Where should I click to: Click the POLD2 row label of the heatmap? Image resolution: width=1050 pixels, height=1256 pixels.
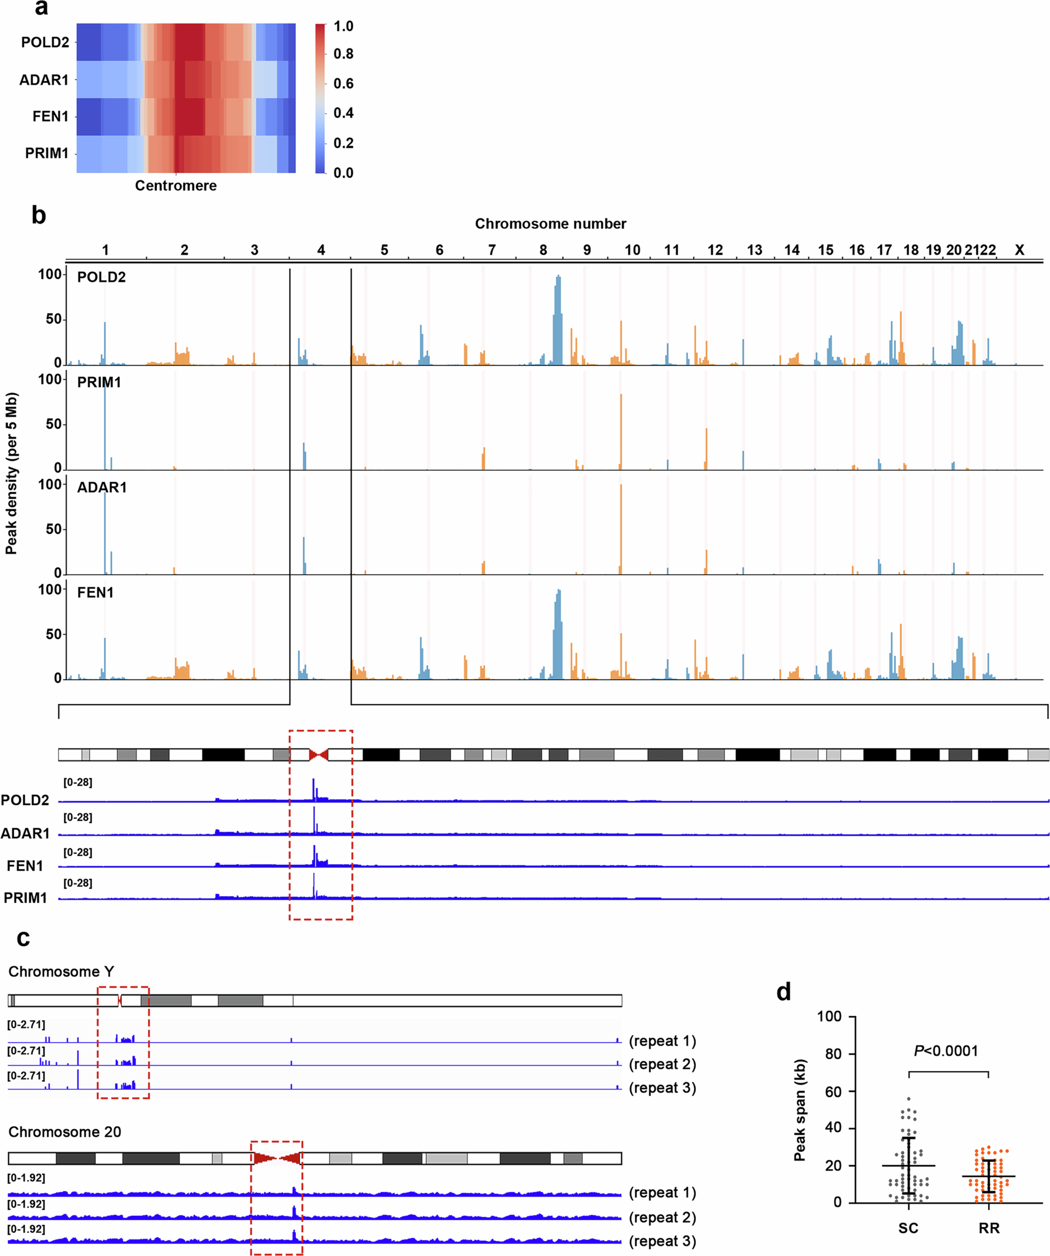(45, 43)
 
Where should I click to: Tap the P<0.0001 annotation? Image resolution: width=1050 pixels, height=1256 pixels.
(946, 1051)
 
